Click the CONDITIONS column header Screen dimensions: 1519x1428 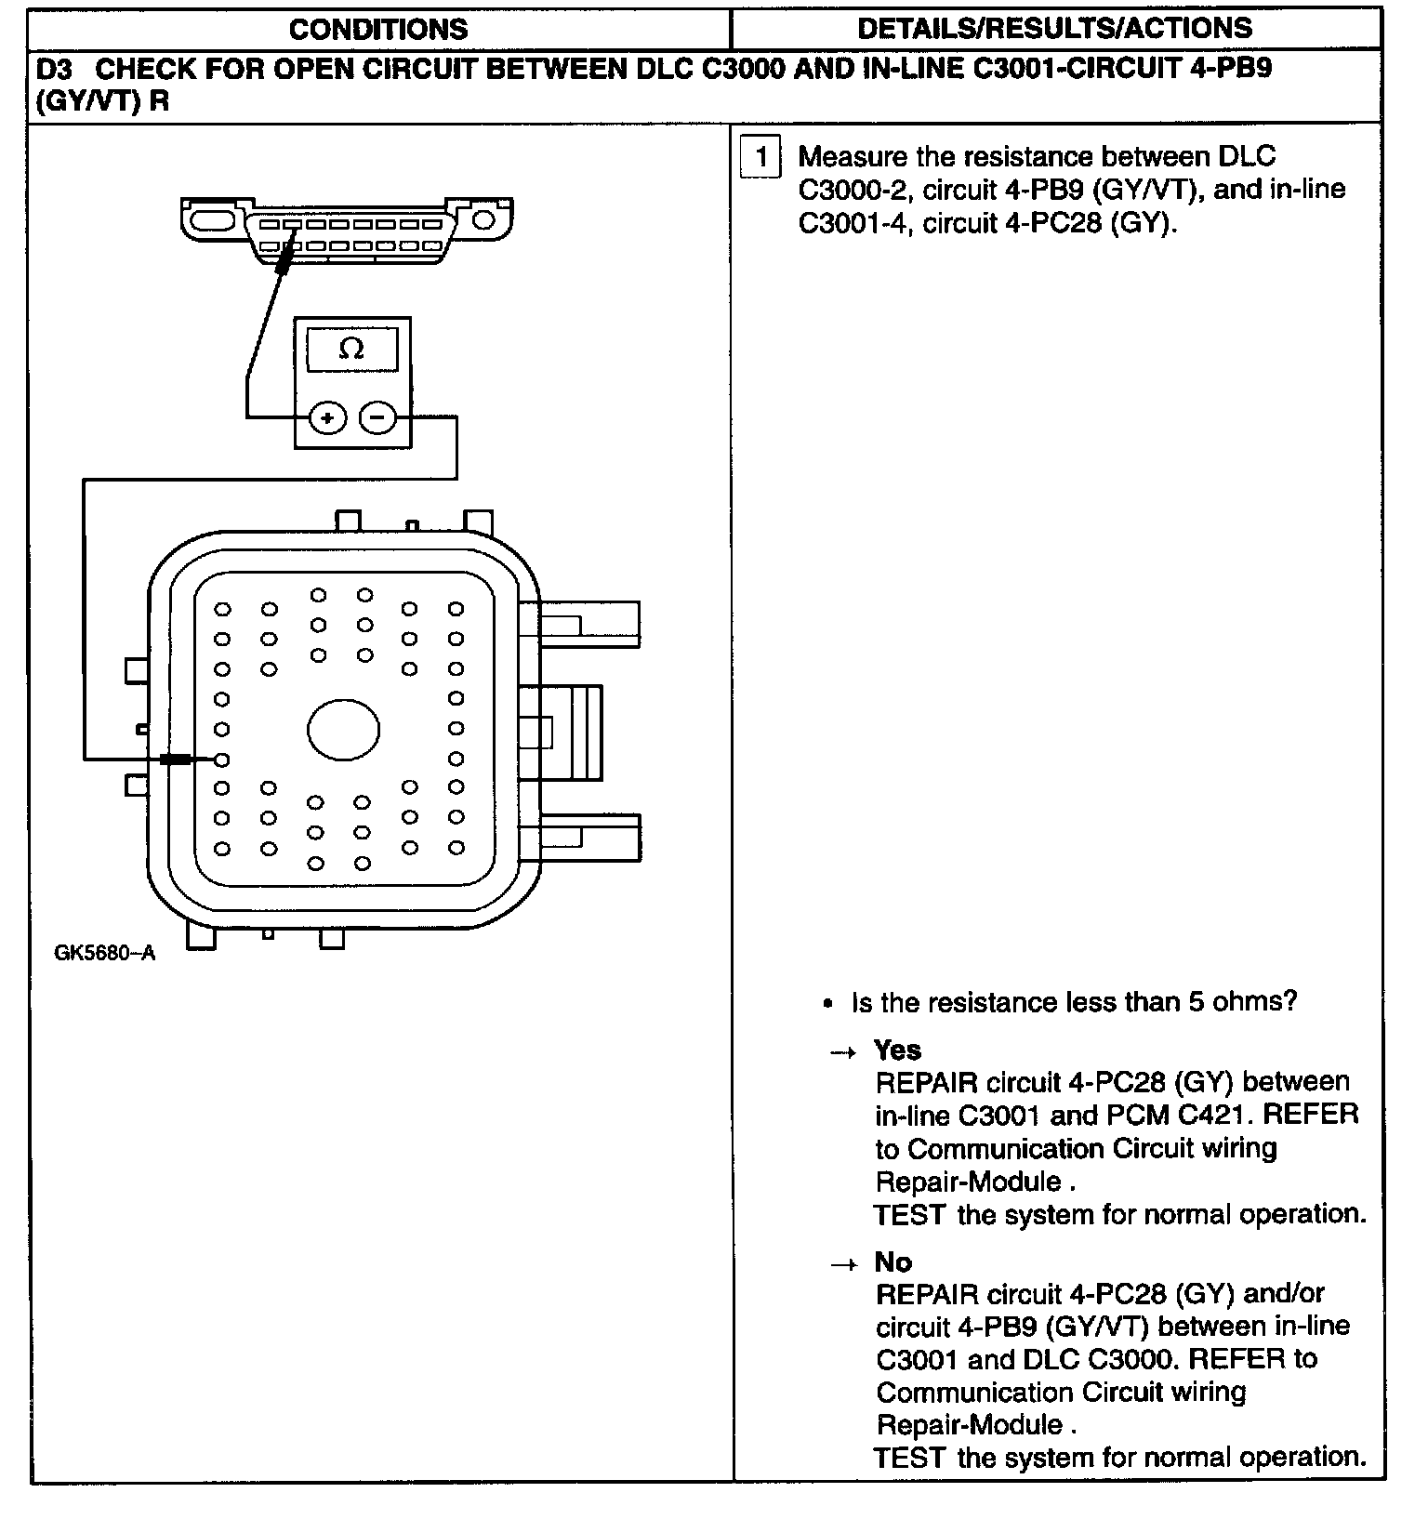(378, 29)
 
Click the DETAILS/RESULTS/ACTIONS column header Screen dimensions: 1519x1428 (1054, 29)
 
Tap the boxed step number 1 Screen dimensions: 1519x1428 (761, 157)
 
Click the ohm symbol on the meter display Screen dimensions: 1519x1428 (351, 350)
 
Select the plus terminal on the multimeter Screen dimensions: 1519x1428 (327, 418)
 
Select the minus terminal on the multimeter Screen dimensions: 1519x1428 (377, 418)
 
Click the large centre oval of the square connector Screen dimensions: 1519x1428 (343, 730)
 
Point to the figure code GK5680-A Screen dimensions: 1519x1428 (104, 954)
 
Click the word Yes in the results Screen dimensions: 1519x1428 (897, 1050)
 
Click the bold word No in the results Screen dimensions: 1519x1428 (893, 1261)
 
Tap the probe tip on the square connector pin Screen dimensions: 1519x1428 (177, 759)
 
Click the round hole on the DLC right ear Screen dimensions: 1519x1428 (483, 220)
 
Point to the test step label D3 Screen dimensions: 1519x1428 (53, 70)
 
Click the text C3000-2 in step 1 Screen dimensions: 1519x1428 (853, 190)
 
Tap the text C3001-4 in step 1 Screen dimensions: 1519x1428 (853, 223)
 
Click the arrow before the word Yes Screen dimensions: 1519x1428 (842, 1052)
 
